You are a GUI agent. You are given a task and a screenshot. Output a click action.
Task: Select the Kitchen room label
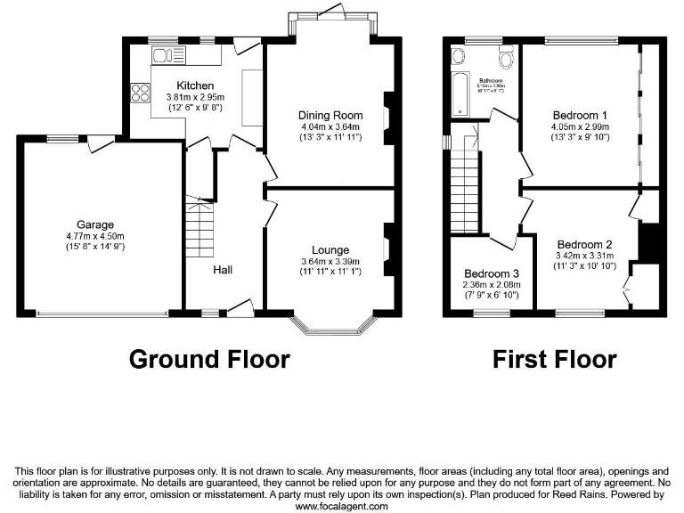click(195, 85)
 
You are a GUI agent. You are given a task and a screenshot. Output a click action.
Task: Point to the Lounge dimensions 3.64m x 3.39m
click(330, 262)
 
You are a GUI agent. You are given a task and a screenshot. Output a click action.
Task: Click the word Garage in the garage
click(95, 224)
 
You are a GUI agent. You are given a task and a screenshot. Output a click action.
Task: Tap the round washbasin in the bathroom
click(458, 58)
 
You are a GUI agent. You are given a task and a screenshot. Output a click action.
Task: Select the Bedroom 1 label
click(580, 116)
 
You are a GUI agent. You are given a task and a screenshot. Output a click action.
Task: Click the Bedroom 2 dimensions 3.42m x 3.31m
click(584, 256)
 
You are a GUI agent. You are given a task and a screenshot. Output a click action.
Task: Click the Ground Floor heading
click(209, 359)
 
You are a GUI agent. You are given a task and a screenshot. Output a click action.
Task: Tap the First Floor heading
click(555, 359)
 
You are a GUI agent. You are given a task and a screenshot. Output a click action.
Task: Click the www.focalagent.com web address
click(341, 506)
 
